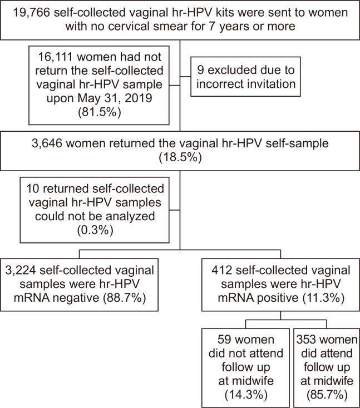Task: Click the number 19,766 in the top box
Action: [x=37, y=12]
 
